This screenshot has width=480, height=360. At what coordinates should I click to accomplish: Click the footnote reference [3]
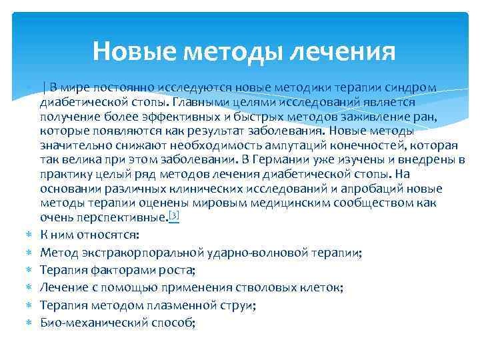174,215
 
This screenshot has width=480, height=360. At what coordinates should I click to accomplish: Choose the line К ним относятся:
89,235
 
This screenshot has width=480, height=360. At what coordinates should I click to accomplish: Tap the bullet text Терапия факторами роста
117,270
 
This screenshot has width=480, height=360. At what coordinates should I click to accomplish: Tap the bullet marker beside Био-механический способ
29,323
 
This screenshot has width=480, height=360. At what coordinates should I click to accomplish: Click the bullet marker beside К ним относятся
29,235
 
